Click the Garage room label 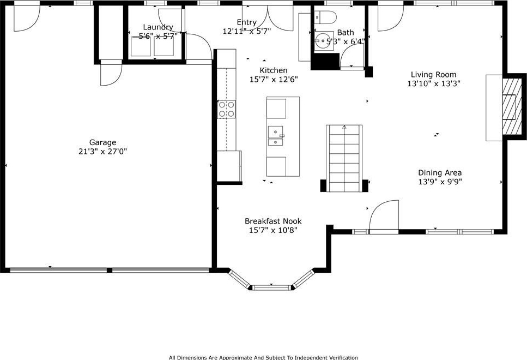pyautogui.click(x=102, y=142)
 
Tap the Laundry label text pyautogui.click(x=158, y=27)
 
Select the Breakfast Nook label pyautogui.click(x=273, y=221)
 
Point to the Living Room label pyautogui.click(x=434, y=74)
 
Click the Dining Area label pyautogui.click(x=440, y=172)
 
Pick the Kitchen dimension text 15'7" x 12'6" pyautogui.click(x=274, y=80)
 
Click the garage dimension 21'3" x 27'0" pyautogui.click(x=102, y=152)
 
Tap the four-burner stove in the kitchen pyautogui.click(x=227, y=109)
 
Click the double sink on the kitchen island pyautogui.click(x=276, y=136)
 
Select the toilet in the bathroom pyautogui.click(x=325, y=17)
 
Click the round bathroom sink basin pyautogui.click(x=323, y=41)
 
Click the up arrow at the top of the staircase pyautogui.click(x=344, y=127)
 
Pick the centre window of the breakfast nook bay pyautogui.click(x=271, y=287)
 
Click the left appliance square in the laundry pyautogui.click(x=141, y=46)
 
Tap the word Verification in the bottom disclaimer pyautogui.click(x=343, y=357)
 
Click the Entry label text pyautogui.click(x=247, y=22)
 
